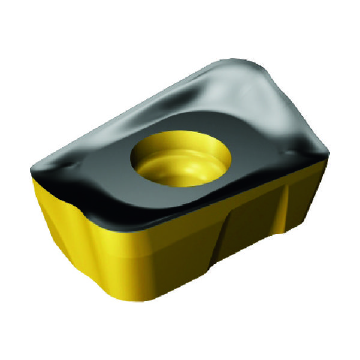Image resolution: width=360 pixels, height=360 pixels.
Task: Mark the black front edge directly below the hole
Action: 180,207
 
